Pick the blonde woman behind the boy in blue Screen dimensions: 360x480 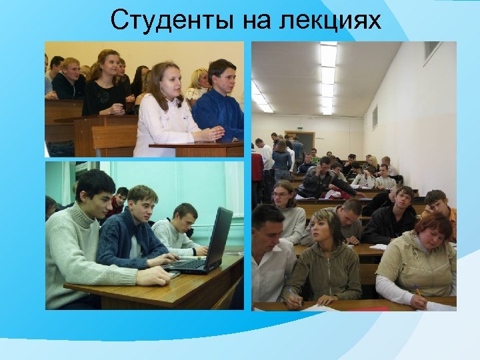[x=198, y=83]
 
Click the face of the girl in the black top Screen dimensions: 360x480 [x=108, y=65]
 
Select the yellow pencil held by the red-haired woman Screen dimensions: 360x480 [x=417, y=291]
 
